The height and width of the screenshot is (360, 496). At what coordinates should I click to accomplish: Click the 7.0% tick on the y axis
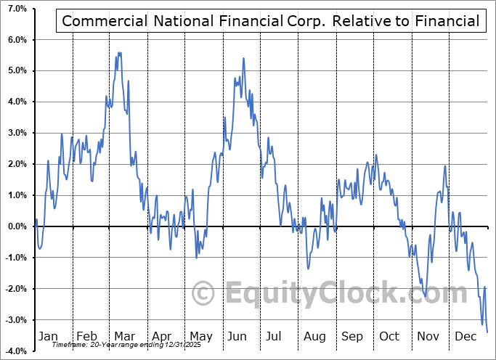[x=17, y=8]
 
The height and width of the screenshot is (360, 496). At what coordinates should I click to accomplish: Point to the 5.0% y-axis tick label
[x=17, y=70]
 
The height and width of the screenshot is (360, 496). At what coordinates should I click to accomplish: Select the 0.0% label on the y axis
[x=17, y=226]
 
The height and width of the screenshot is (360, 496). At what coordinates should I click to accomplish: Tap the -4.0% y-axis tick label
[x=15, y=351]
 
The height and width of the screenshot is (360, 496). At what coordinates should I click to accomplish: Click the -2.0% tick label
[x=15, y=289]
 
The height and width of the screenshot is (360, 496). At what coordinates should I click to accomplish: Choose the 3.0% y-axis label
[x=17, y=133]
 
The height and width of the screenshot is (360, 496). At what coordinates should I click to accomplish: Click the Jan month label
[x=47, y=336]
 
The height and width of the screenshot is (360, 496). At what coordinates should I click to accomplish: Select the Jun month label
[x=237, y=336]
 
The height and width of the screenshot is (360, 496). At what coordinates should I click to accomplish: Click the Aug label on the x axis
[x=314, y=336]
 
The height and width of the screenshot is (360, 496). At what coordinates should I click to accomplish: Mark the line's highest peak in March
[x=118, y=52]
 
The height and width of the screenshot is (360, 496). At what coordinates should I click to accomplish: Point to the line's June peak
[x=243, y=58]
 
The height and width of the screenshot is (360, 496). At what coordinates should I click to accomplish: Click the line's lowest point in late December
[x=487, y=332]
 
